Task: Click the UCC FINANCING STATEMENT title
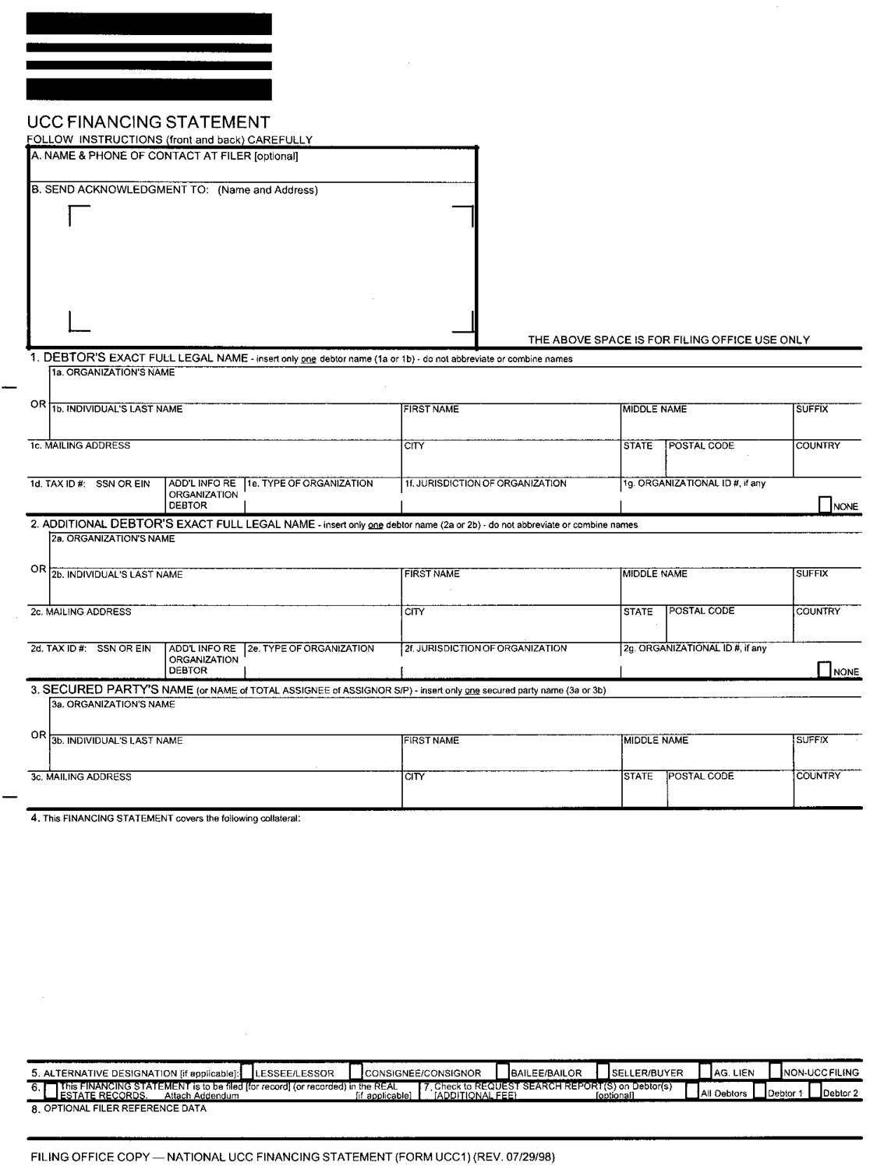[x=148, y=122]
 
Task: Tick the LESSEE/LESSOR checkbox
[x=247, y=1072]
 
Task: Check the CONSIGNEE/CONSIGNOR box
[x=356, y=1072]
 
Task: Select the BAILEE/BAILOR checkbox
[x=503, y=1072]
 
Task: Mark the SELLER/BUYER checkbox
[x=603, y=1072]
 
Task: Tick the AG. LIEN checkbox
[x=705, y=1072]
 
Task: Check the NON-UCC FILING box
[x=776, y=1072]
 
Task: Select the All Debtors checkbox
[x=691, y=1092]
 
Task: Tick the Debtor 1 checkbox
[x=759, y=1092]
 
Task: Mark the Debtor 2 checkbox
[x=815, y=1092]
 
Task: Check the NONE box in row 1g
[x=825, y=505]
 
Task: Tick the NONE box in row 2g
[x=824, y=670]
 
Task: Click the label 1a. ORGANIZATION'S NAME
[x=113, y=372]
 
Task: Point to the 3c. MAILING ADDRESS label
[x=81, y=777]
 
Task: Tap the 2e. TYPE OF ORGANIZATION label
[x=310, y=648]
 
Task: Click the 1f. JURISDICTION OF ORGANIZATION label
[x=485, y=483]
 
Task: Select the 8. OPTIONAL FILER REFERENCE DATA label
[x=118, y=1108]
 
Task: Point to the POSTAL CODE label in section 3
[x=701, y=776]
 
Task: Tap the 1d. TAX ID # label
[x=90, y=484]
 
